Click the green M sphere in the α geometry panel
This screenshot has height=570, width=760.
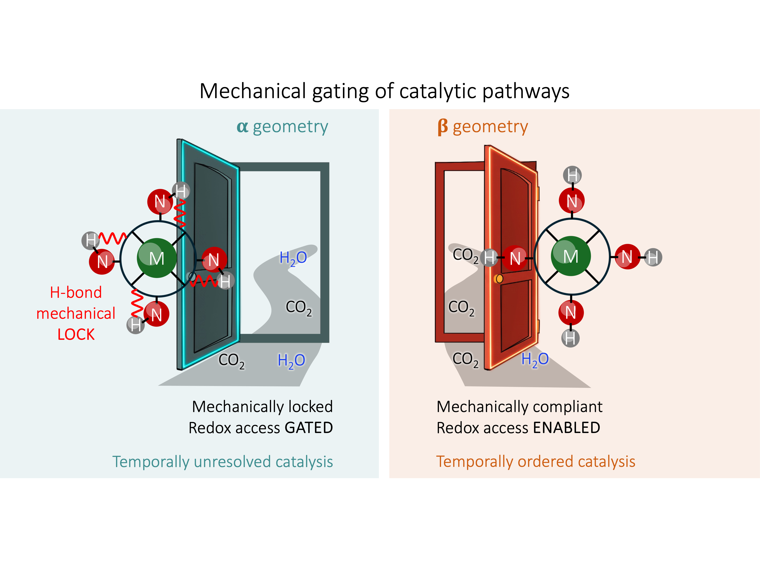pyautogui.click(x=157, y=258)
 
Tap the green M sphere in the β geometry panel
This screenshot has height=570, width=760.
pyautogui.click(x=571, y=256)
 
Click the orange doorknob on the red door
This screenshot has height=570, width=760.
pyautogui.click(x=499, y=279)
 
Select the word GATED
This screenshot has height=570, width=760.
pyautogui.click(x=309, y=428)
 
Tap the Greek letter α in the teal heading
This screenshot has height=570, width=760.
pyautogui.click(x=242, y=126)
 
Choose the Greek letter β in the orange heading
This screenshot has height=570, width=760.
pyautogui.click(x=443, y=127)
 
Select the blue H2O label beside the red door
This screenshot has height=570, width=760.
pyautogui.click(x=535, y=360)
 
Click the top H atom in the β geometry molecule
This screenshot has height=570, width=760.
pyautogui.click(x=572, y=175)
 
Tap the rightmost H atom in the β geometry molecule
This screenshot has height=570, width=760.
pyautogui.click(x=653, y=257)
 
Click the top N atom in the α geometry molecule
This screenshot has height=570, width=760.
pyautogui.click(x=160, y=201)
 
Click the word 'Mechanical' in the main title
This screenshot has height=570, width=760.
pyautogui.click(x=253, y=91)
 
